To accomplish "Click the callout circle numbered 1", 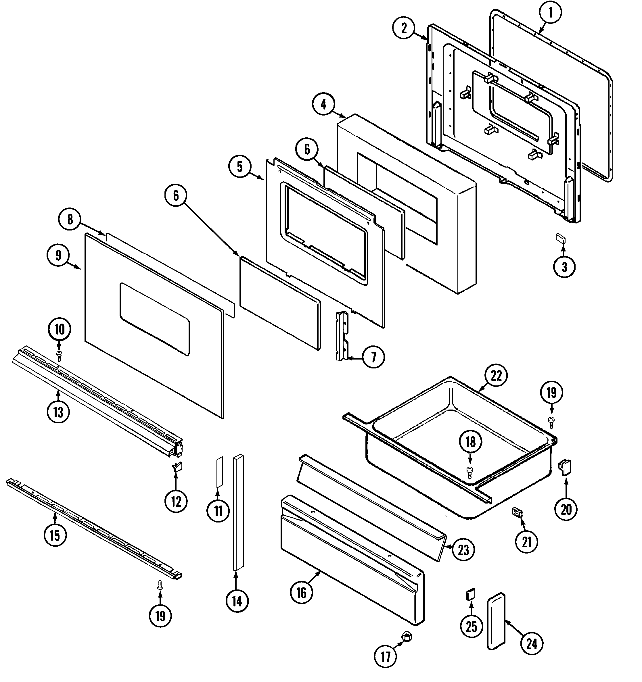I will coord(550,13).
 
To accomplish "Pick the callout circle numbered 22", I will coord(496,376).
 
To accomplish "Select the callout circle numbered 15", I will coord(55,535).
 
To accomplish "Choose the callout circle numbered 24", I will coord(532,644).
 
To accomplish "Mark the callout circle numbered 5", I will coord(239,167).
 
